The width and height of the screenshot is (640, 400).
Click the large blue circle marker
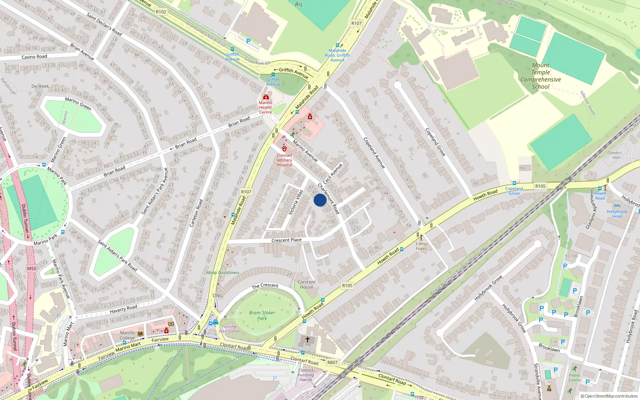click(x=320, y=200)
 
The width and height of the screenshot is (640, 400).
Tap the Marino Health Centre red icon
click(x=266, y=97)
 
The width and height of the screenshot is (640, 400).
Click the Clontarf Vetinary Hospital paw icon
click(x=284, y=149)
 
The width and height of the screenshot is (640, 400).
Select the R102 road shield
click(x=161, y=12)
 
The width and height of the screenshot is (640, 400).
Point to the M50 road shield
click(x=32, y=268)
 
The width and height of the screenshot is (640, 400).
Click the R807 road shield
click(x=332, y=362)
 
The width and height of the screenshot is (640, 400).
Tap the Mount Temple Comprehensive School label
click(x=540, y=76)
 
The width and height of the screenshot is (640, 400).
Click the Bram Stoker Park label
click(x=262, y=316)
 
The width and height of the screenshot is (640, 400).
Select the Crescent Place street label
click(x=286, y=240)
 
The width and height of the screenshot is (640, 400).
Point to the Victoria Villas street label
click(x=296, y=202)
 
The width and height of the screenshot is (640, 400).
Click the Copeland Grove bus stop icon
click(x=514, y=183)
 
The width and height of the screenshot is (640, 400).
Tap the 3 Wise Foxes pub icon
click(x=421, y=238)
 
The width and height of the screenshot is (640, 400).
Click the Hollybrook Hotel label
click(x=617, y=214)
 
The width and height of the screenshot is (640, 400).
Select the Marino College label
click(x=127, y=335)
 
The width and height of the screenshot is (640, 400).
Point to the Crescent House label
click(x=306, y=284)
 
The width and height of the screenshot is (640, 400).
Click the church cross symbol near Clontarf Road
click(x=308, y=339)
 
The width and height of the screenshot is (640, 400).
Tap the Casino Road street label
click(x=34, y=57)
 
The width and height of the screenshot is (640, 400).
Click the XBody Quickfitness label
click(x=223, y=273)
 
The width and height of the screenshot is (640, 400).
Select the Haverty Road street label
click(x=123, y=309)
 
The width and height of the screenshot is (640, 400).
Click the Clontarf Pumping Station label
click(x=306, y=375)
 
